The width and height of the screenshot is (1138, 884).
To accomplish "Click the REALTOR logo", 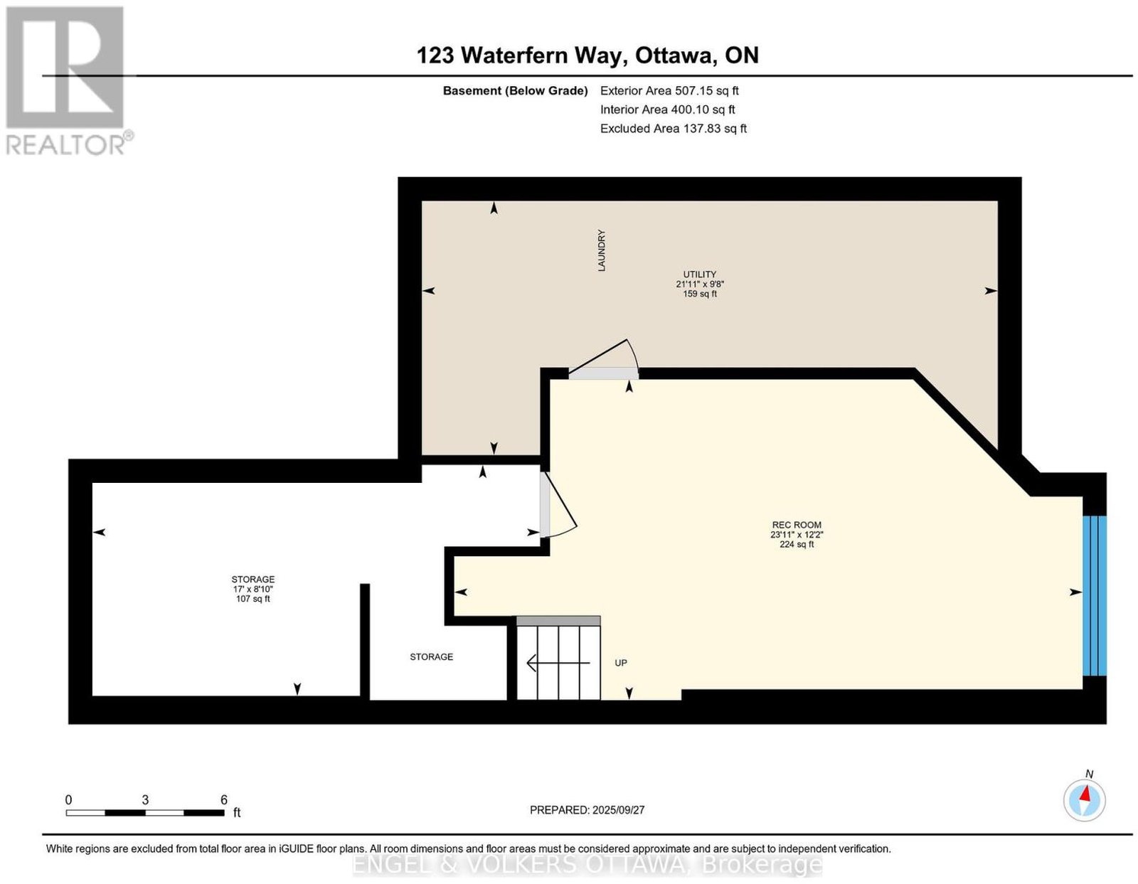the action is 69,81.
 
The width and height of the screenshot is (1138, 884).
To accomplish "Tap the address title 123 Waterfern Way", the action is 521,55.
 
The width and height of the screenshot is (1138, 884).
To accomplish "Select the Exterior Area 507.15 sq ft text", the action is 669,90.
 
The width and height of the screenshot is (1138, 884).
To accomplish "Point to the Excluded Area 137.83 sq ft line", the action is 673,128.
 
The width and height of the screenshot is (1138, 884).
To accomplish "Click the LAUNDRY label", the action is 601,250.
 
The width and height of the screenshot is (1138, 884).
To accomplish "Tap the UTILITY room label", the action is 699,275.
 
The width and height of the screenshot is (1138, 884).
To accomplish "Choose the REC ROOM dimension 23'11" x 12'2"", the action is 797,534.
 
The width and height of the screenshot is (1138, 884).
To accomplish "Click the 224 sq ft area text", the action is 797,544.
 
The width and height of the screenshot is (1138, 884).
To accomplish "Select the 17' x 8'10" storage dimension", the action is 253,589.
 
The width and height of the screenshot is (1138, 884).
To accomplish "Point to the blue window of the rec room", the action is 1094,595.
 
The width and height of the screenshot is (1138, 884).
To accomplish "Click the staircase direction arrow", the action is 558,663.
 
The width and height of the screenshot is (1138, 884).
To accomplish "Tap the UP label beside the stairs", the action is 621,663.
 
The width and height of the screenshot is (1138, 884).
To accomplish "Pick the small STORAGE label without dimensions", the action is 431,657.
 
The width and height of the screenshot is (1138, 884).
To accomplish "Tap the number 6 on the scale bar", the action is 223,800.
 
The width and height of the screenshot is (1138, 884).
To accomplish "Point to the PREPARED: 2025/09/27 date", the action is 587,810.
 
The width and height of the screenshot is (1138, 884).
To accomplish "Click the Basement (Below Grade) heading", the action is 516,91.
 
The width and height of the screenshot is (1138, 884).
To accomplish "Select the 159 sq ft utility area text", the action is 700,294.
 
